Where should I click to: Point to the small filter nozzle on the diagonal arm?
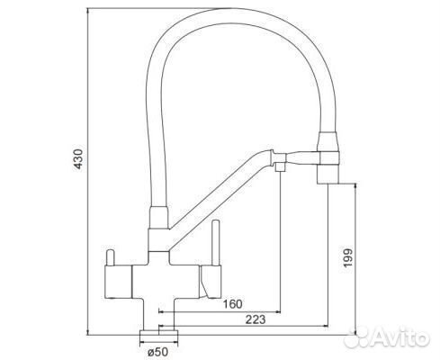281,166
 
